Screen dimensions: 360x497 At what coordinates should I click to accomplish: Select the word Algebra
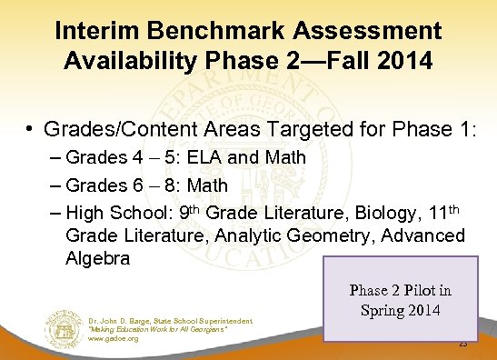tap(99, 258)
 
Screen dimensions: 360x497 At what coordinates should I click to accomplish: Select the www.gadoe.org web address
tap(114, 339)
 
